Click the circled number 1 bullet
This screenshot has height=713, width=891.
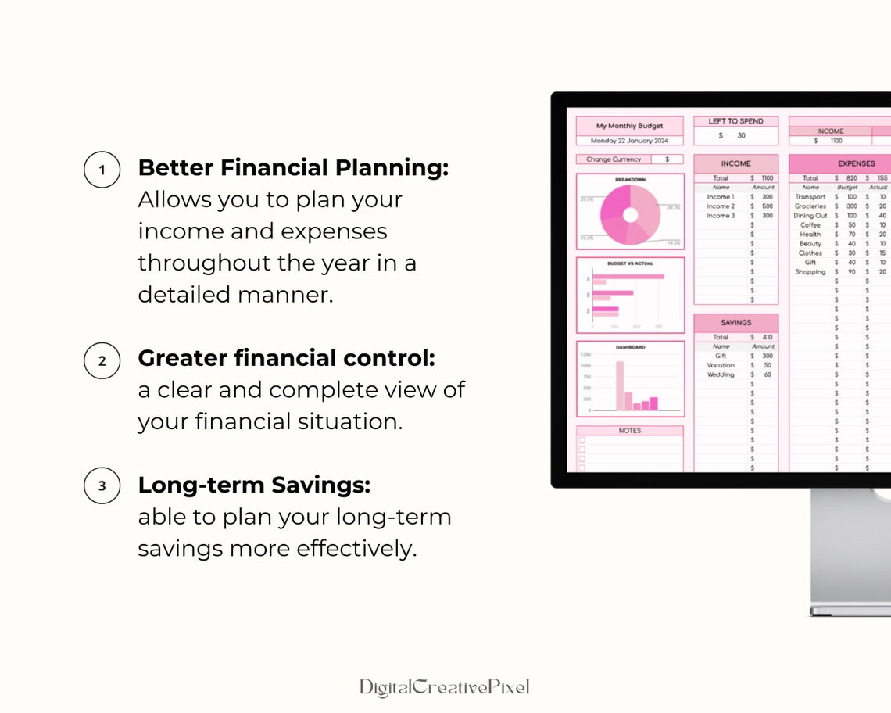tap(102, 170)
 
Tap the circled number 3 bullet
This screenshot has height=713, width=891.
tap(102, 486)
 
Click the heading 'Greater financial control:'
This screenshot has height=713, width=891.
tap(286, 358)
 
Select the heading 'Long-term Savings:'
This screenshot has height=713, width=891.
tap(254, 485)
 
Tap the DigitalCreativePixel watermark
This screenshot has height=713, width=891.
tap(444, 687)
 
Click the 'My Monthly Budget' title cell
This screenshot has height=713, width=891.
tap(629, 126)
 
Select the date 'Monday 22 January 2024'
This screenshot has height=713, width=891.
tap(629, 141)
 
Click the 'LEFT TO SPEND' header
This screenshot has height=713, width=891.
tap(735, 121)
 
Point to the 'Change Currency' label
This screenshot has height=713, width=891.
tap(614, 159)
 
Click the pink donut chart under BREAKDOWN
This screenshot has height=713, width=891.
tap(630, 215)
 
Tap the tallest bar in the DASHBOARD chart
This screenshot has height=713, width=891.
tap(620, 385)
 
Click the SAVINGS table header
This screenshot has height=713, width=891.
tap(735, 322)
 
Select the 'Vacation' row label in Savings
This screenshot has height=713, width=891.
tap(721, 365)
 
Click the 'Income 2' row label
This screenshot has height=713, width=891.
tap(721, 206)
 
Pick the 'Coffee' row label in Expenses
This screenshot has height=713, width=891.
tap(810, 225)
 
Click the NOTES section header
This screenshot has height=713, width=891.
tap(629, 431)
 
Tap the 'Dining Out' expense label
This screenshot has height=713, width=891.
tap(810, 216)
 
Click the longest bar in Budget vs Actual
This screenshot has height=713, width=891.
tap(628, 276)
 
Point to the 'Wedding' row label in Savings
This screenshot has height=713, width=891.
tap(721, 374)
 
